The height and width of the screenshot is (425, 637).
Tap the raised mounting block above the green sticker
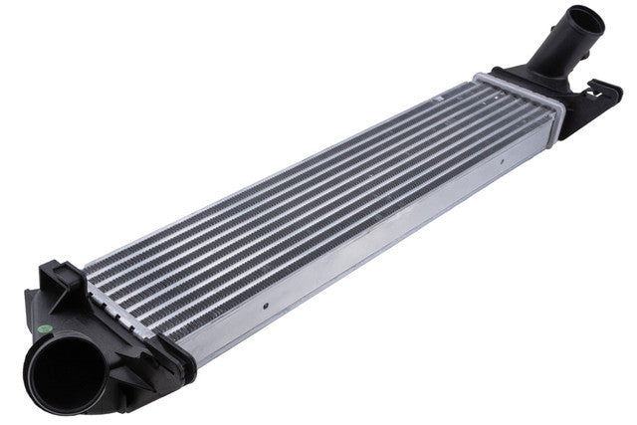[x=60, y=279]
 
